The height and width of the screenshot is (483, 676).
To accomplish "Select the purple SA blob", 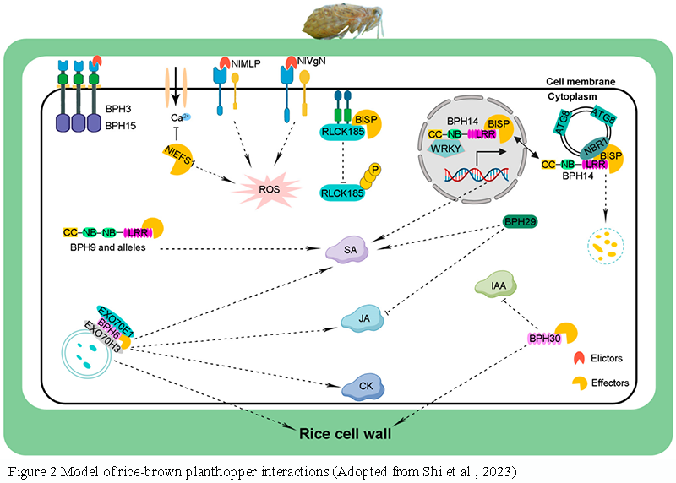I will (x=350, y=250).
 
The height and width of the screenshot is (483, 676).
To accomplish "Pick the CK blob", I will (x=365, y=388).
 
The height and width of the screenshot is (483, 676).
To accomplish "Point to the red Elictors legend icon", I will (x=576, y=358).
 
